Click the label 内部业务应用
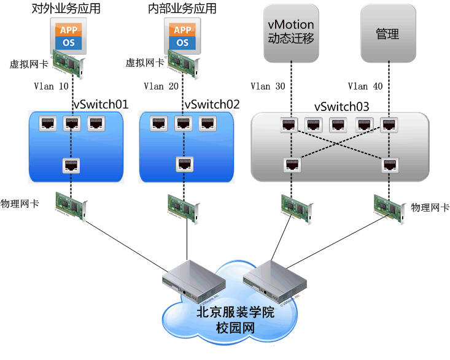point(182,9)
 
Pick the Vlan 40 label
point(365,86)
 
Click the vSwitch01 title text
point(101,104)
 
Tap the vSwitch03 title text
point(341,107)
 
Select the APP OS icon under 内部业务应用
point(182,36)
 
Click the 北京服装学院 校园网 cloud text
point(235,320)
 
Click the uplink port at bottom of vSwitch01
point(72,165)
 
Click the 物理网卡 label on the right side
point(430,208)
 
